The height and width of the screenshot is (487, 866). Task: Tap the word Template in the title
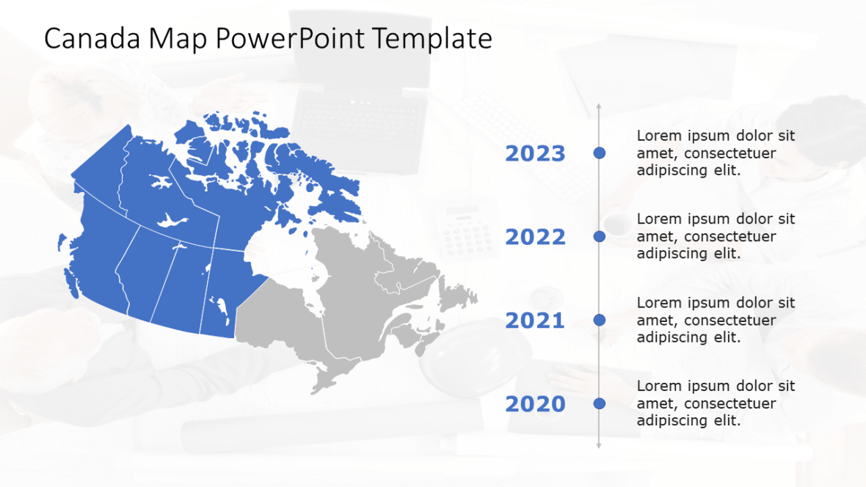pyautogui.click(x=432, y=39)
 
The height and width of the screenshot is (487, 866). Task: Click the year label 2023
pyautogui.click(x=535, y=153)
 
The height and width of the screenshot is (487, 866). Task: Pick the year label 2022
pyautogui.click(x=535, y=237)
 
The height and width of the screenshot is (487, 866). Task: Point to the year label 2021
pyautogui.click(x=535, y=321)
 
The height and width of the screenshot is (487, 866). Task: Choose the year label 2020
pyautogui.click(x=535, y=404)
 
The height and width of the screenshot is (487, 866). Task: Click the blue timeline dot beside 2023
pyautogui.click(x=599, y=153)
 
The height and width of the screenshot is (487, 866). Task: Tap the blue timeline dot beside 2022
pyautogui.click(x=599, y=236)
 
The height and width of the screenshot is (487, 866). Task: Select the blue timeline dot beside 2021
pyautogui.click(x=599, y=320)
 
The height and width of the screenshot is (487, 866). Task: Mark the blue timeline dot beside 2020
pyautogui.click(x=599, y=403)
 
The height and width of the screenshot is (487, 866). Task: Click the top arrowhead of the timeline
pyautogui.click(x=599, y=108)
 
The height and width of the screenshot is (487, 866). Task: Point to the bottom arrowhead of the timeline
pyautogui.click(x=599, y=444)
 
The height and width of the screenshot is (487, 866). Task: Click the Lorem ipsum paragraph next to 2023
pyautogui.click(x=716, y=153)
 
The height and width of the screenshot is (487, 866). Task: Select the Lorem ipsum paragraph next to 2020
pyautogui.click(x=716, y=403)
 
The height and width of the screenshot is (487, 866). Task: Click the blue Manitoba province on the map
pyautogui.click(x=220, y=293)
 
